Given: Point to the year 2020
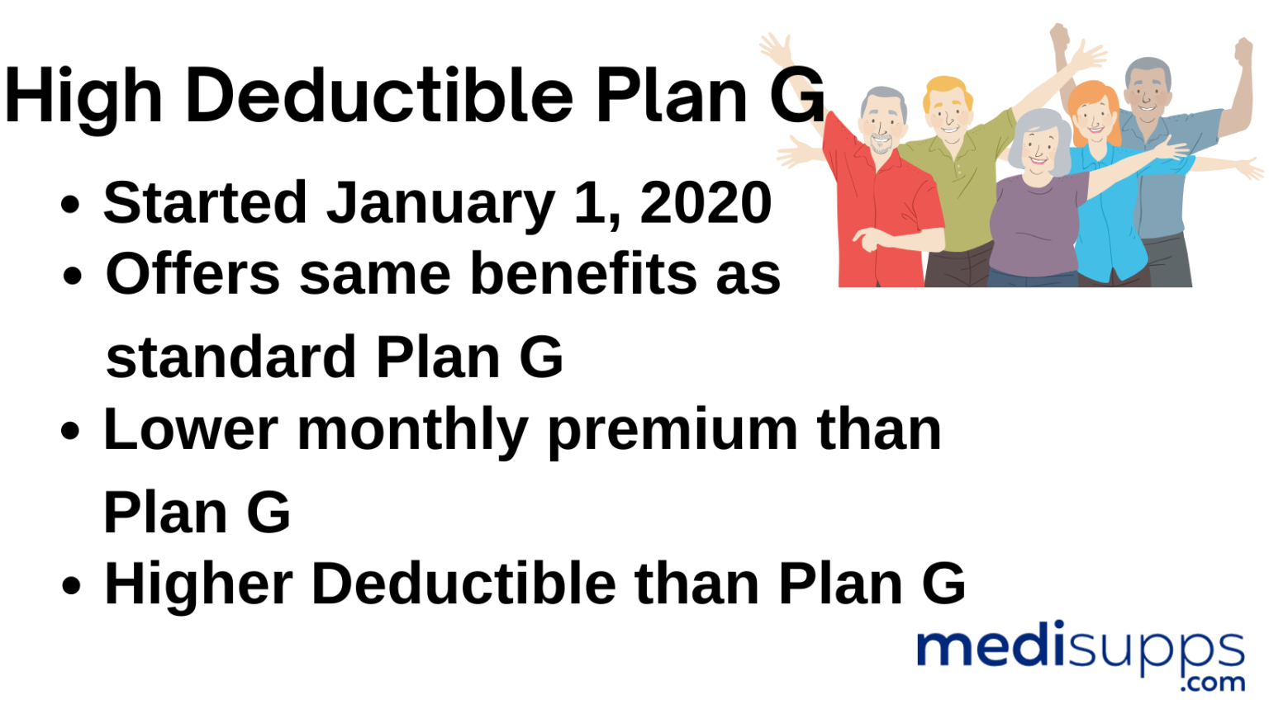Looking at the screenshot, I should (x=706, y=203).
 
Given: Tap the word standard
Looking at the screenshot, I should (x=231, y=358).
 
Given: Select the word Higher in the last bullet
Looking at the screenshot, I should (x=198, y=584).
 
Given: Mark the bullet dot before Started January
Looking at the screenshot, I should (x=71, y=205).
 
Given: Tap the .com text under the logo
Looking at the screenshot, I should (x=1212, y=683).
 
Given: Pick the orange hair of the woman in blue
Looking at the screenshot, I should (x=1091, y=97).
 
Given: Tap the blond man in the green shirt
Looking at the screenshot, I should (x=950, y=165).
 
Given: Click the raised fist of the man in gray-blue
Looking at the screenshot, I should (x=1243, y=51).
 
